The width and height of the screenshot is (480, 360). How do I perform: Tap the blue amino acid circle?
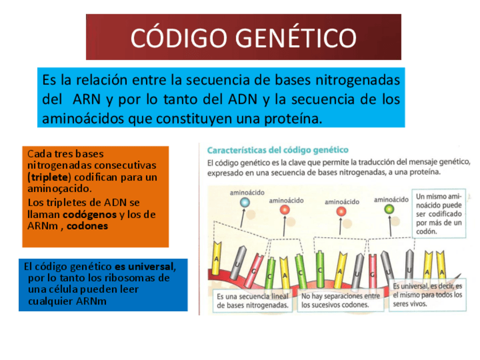click(245, 202)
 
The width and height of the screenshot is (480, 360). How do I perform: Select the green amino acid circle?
click(389, 209)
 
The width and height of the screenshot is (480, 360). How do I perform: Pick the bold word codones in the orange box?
click(87, 226)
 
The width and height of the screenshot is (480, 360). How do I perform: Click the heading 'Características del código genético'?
click(277, 150)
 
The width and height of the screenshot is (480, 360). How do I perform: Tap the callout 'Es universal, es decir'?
click(427, 294)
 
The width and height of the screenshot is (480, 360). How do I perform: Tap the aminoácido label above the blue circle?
click(246, 192)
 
